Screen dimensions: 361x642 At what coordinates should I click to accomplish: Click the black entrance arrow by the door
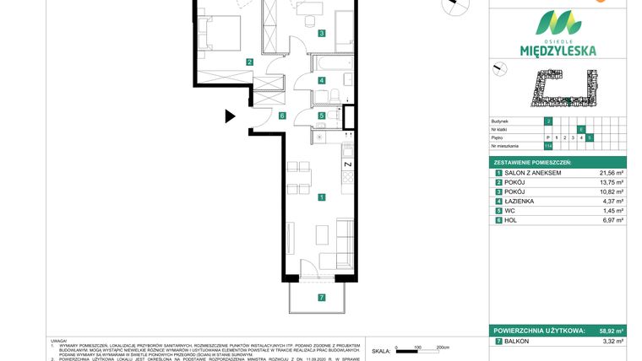230,117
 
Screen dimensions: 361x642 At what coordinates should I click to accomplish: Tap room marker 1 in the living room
321,197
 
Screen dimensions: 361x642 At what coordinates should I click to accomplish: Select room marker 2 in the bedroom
249,62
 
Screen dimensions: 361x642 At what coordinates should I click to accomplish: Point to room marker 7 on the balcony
321,297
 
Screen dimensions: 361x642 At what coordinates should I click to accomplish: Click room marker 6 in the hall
282,116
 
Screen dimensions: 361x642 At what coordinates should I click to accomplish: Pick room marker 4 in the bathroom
321,81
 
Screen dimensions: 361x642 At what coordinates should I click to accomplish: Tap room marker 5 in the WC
321,116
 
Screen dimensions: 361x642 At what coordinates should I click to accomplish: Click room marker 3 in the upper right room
321,35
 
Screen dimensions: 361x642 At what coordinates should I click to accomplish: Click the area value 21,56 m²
611,172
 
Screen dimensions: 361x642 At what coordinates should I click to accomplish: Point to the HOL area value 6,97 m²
612,220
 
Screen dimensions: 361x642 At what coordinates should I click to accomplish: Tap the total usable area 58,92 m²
611,331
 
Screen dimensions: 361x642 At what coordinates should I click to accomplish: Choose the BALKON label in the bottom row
519,342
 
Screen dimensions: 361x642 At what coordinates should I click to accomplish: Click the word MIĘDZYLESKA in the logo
556,50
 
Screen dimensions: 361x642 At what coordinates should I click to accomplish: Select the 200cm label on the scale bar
442,348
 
